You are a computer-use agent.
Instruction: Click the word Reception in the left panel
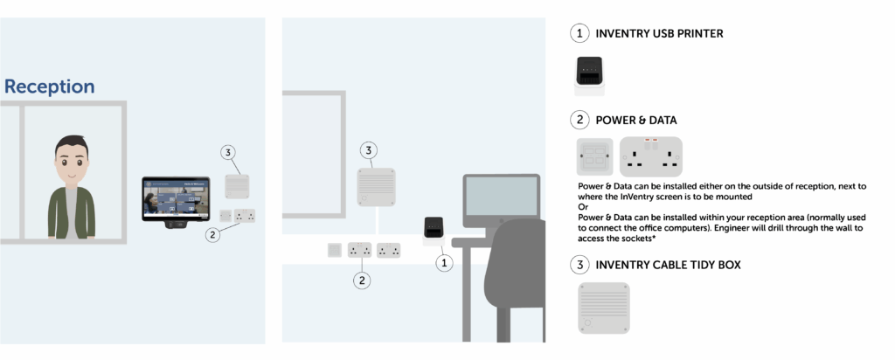(x=50, y=87)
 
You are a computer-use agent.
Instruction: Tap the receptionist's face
(x=72, y=163)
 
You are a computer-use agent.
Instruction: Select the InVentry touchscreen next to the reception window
(x=176, y=200)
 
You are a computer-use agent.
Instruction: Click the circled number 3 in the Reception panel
(x=228, y=153)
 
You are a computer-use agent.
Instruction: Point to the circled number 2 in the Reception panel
(x=212, y=234)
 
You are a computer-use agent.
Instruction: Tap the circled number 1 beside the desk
(x=445, y=261)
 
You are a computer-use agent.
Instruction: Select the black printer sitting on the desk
(x=434, y=228)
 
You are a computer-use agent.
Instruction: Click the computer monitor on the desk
(x=500, y=200)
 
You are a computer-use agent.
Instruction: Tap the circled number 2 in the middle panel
(x=361, y=280)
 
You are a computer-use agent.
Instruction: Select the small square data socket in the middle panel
(x=334, y=251)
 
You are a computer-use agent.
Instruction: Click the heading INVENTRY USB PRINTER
(x=658, y=34)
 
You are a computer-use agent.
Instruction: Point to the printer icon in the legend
(x=589, y=75)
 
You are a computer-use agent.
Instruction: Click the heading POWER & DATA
(x=635, y=120)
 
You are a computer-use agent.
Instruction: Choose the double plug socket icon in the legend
(x=650, y=156)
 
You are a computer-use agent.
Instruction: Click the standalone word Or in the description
(x=583, y=207)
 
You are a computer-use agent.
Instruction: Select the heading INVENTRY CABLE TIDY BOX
(x=668, y=264)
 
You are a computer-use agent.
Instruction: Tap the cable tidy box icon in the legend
(x=603, y=307)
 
